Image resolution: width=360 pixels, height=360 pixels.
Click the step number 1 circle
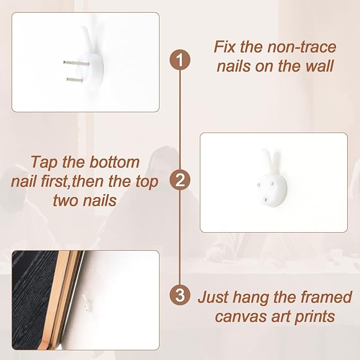pyautogui.click(x=180, y=60)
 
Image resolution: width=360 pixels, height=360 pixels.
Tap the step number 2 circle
pyautogui.click(x=180, y=180)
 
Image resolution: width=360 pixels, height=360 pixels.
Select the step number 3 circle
pyautogui.click(x=180, y=295)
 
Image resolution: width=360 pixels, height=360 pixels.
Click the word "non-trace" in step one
pyautogui.click(x=302, y=47)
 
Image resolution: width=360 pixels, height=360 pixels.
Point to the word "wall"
pyautogui.click(x=319, y=66)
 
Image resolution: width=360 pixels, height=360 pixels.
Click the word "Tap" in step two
pyautogui.click(x=45, y=163)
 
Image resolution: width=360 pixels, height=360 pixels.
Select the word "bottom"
pyautogui.click(x=115, y=162)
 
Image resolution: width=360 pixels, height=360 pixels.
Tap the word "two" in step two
pyautogui.click(x=65, y=200)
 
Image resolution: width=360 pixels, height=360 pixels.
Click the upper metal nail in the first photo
pyautogui.click(x=76, y=63)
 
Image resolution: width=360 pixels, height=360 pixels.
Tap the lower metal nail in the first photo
pyautogui.click(x=75, y=80)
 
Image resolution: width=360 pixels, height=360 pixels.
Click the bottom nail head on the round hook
pyautogui.click(x=266, y=200)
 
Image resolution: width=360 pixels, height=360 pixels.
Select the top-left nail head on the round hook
pyautogui.click(x=259, y=185)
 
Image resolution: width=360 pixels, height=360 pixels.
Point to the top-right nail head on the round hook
pyautogui.click(x=272, y=183)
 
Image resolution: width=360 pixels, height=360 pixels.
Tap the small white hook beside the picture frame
pyautogui.click(x=87, y=303)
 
